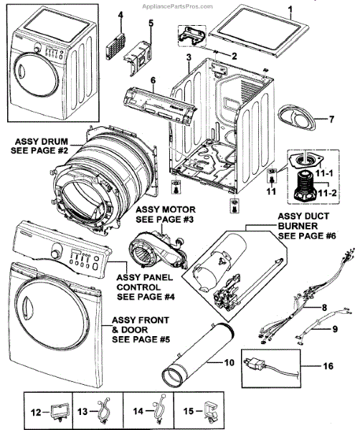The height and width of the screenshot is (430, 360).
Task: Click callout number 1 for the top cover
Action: tap(290, 11)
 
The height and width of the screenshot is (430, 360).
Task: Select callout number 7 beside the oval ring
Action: tap(331, 119)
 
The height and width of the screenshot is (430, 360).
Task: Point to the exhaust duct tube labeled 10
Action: tap(198, 354)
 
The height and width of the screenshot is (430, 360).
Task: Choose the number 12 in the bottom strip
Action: tap(36, 413)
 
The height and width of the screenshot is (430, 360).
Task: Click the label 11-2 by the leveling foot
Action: tap(327, 193)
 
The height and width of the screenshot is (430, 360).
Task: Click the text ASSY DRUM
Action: tap(42, 141)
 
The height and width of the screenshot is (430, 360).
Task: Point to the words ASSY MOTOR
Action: tap(166, 210)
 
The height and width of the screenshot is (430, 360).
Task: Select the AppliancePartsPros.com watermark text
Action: tap(178, 6)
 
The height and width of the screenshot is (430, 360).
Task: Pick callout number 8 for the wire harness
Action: tap(324, 307)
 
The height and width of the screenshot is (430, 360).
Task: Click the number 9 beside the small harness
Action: tap(335, 329)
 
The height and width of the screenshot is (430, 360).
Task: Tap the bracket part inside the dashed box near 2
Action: tap(192, 35)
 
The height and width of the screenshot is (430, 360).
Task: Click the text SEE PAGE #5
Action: tap(141, 340)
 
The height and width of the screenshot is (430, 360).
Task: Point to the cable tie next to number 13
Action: tap(103, 412)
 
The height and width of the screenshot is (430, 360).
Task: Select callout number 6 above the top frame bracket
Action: tap(153, 80)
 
